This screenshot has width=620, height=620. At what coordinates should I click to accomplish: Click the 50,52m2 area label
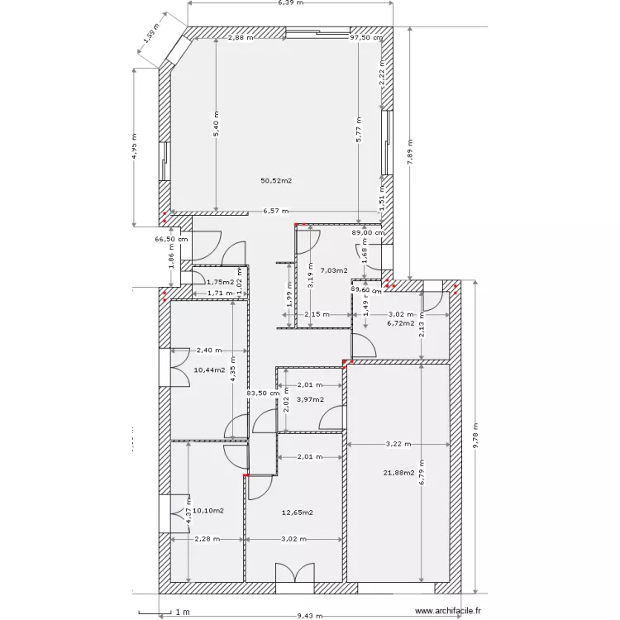tap(277, 180)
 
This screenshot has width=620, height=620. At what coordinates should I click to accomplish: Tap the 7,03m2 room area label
tap(333, 270)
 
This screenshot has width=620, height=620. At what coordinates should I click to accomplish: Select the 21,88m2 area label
tap(398, 473)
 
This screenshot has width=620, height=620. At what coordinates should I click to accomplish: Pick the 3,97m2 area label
tap(309, 399)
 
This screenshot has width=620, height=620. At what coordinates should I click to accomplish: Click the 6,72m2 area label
tap(401, 323)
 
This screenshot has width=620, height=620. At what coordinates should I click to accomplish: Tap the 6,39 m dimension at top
tap(290, 3)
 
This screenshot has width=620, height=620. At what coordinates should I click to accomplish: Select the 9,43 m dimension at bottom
tap(311, 616)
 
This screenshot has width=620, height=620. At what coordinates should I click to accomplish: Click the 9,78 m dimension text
tap(476, 436)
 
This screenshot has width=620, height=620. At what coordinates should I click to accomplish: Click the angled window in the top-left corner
tap(175, 50)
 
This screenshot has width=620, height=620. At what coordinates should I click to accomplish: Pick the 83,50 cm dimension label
tap(264, 393)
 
